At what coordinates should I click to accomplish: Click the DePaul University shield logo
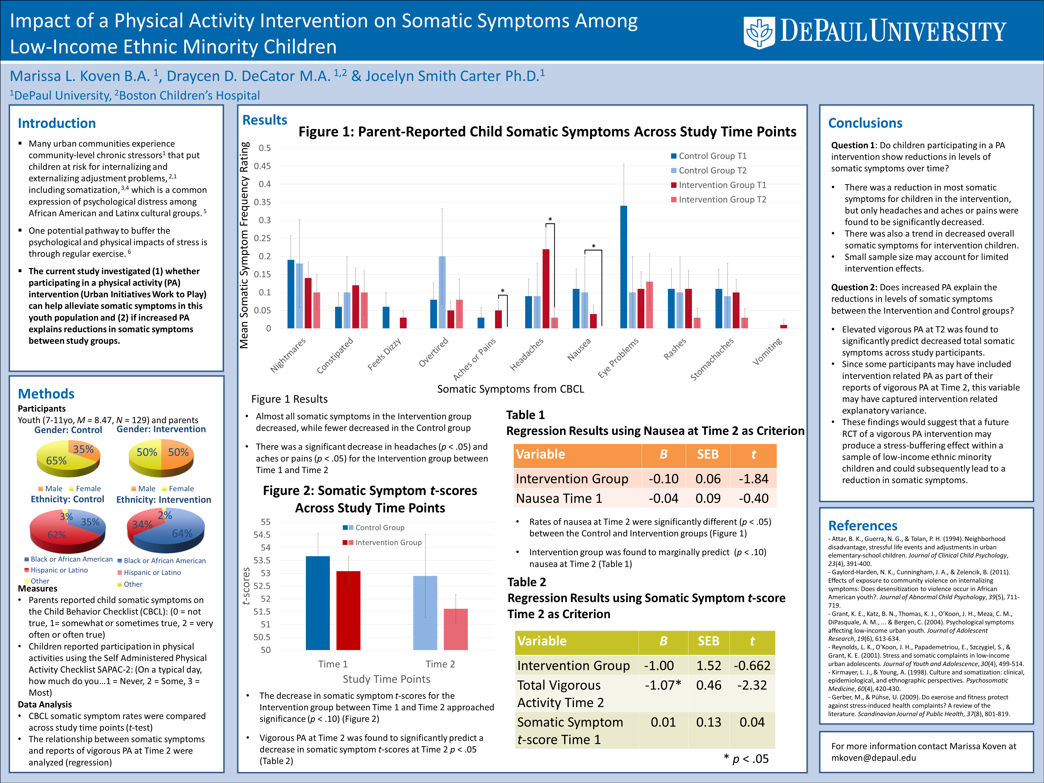[759, 32]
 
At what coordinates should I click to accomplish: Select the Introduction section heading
[57, 123]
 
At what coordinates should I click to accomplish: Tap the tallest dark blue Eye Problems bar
[623, 267]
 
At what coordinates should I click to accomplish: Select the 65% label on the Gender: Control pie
[56, 461]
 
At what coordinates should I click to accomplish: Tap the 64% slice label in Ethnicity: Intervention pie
[182, 533]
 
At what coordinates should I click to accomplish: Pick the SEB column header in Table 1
[708, 454]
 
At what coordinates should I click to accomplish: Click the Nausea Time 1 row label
[559, 498]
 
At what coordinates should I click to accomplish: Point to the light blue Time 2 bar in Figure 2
[425, 613]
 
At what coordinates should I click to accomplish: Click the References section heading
[863, 526]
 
